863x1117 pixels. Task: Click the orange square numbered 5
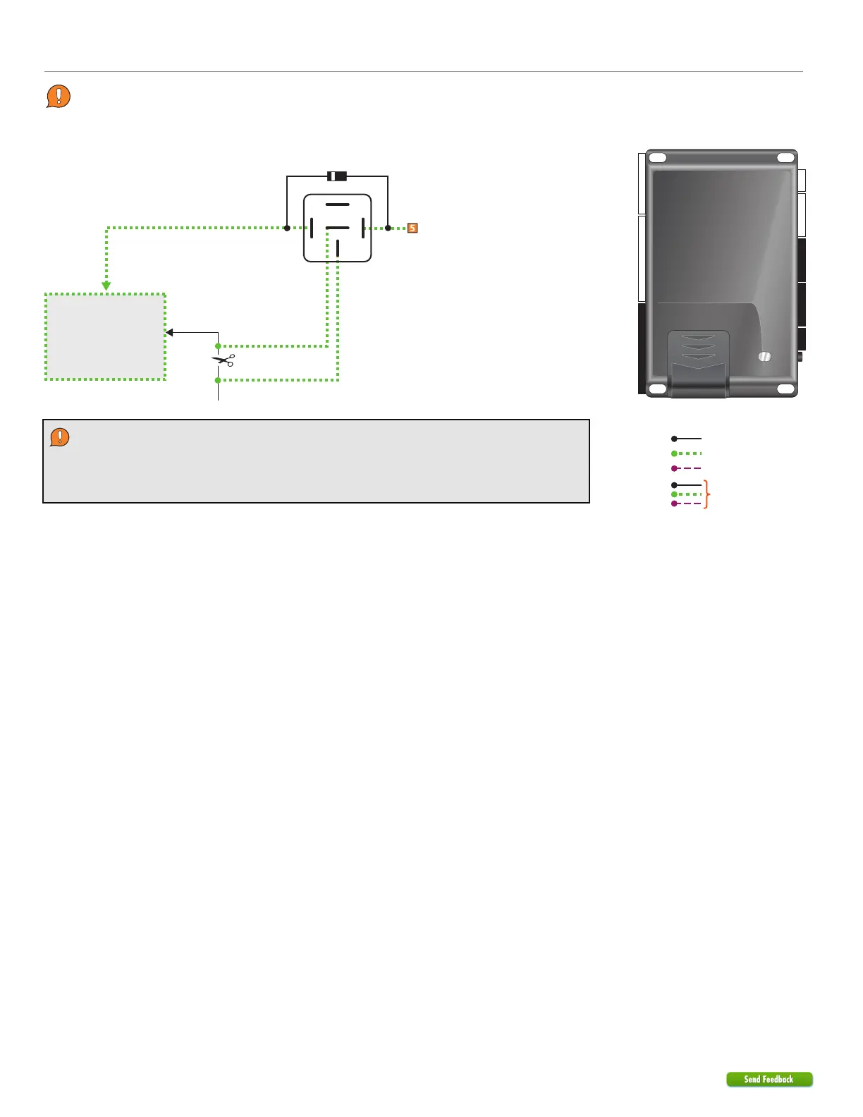pos(412,228)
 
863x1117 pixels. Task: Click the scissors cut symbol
pos(224,360)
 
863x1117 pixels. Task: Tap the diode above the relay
pos(337,176)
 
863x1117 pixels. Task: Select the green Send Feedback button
pos(769,1079)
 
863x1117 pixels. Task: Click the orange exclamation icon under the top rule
pos(59,96)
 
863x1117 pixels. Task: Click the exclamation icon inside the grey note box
pos(60,437)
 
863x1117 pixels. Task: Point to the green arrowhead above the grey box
pos(106,286)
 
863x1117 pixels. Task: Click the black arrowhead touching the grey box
pos(169,332)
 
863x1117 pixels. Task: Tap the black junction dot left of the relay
pos(287,228)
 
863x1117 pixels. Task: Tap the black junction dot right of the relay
pos(388,228)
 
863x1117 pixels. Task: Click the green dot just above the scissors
pos(219,346)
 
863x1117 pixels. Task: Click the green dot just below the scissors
pos(219,380)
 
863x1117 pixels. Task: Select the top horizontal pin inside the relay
pos(338,205)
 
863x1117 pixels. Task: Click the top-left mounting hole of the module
pos(657,158)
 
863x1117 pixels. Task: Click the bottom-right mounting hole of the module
pos(785,389)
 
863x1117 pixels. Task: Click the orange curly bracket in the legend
pos(707,494)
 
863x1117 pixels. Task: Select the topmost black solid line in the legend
pos(687,439)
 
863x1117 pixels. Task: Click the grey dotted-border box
pos(106,337)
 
